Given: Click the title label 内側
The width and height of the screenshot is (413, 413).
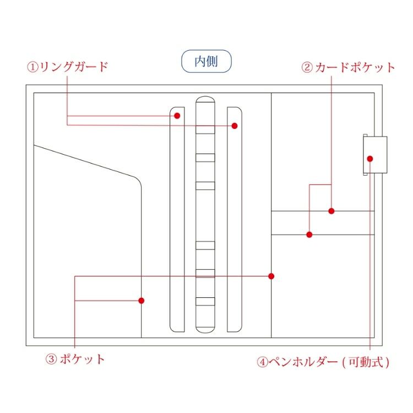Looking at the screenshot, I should click(x=206, y=61).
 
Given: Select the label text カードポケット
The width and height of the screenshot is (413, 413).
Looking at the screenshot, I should click(x=356, y=68).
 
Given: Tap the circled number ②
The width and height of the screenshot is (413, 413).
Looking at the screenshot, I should click(x=307, y=68).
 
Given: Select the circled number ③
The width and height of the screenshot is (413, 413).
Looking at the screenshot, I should click(x=51, y=360).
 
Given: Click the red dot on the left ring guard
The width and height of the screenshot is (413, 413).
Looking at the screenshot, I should click(x=177, y=116).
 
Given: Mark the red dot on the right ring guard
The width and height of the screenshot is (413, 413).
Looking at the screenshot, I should click(x=235, y=126).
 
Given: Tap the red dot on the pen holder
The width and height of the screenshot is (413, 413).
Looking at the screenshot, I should click(x=370, y=159).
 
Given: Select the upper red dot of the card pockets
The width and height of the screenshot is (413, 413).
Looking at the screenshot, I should click(x=332, y=211).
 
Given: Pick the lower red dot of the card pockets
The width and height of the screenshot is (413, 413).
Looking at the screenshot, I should click(x=309, y=235).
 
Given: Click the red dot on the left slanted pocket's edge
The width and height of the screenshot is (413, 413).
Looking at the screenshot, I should click(x=142, y=301).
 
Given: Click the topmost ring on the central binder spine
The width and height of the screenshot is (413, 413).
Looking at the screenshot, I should click(x=205, y=130).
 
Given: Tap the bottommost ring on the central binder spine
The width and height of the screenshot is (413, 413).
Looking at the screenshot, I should click(x=205, y=301).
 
